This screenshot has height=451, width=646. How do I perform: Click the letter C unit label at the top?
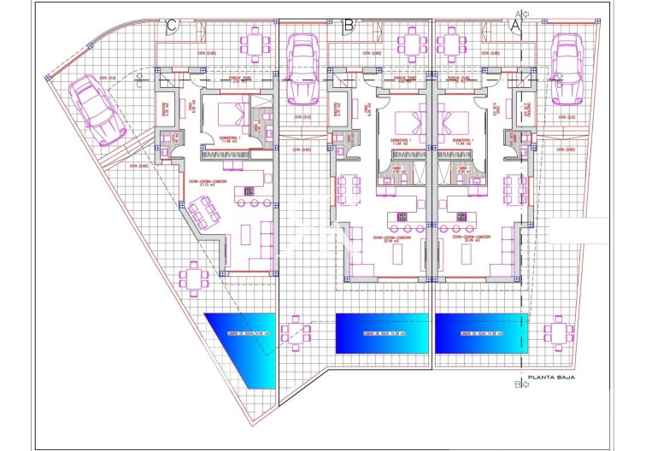pyautogui.click(x=173, y=26)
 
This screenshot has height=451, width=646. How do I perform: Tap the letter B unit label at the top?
pyautogui.click(x=348, y=26)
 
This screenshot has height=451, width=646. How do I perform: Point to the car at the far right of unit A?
pyautogui.click(x=567, y=68)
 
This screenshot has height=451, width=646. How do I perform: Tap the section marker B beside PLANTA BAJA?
pyautogui.click(x=518, y=384)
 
